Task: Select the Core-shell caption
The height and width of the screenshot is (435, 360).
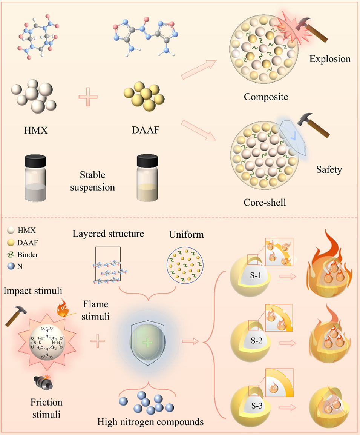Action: click(x=265, y=203)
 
